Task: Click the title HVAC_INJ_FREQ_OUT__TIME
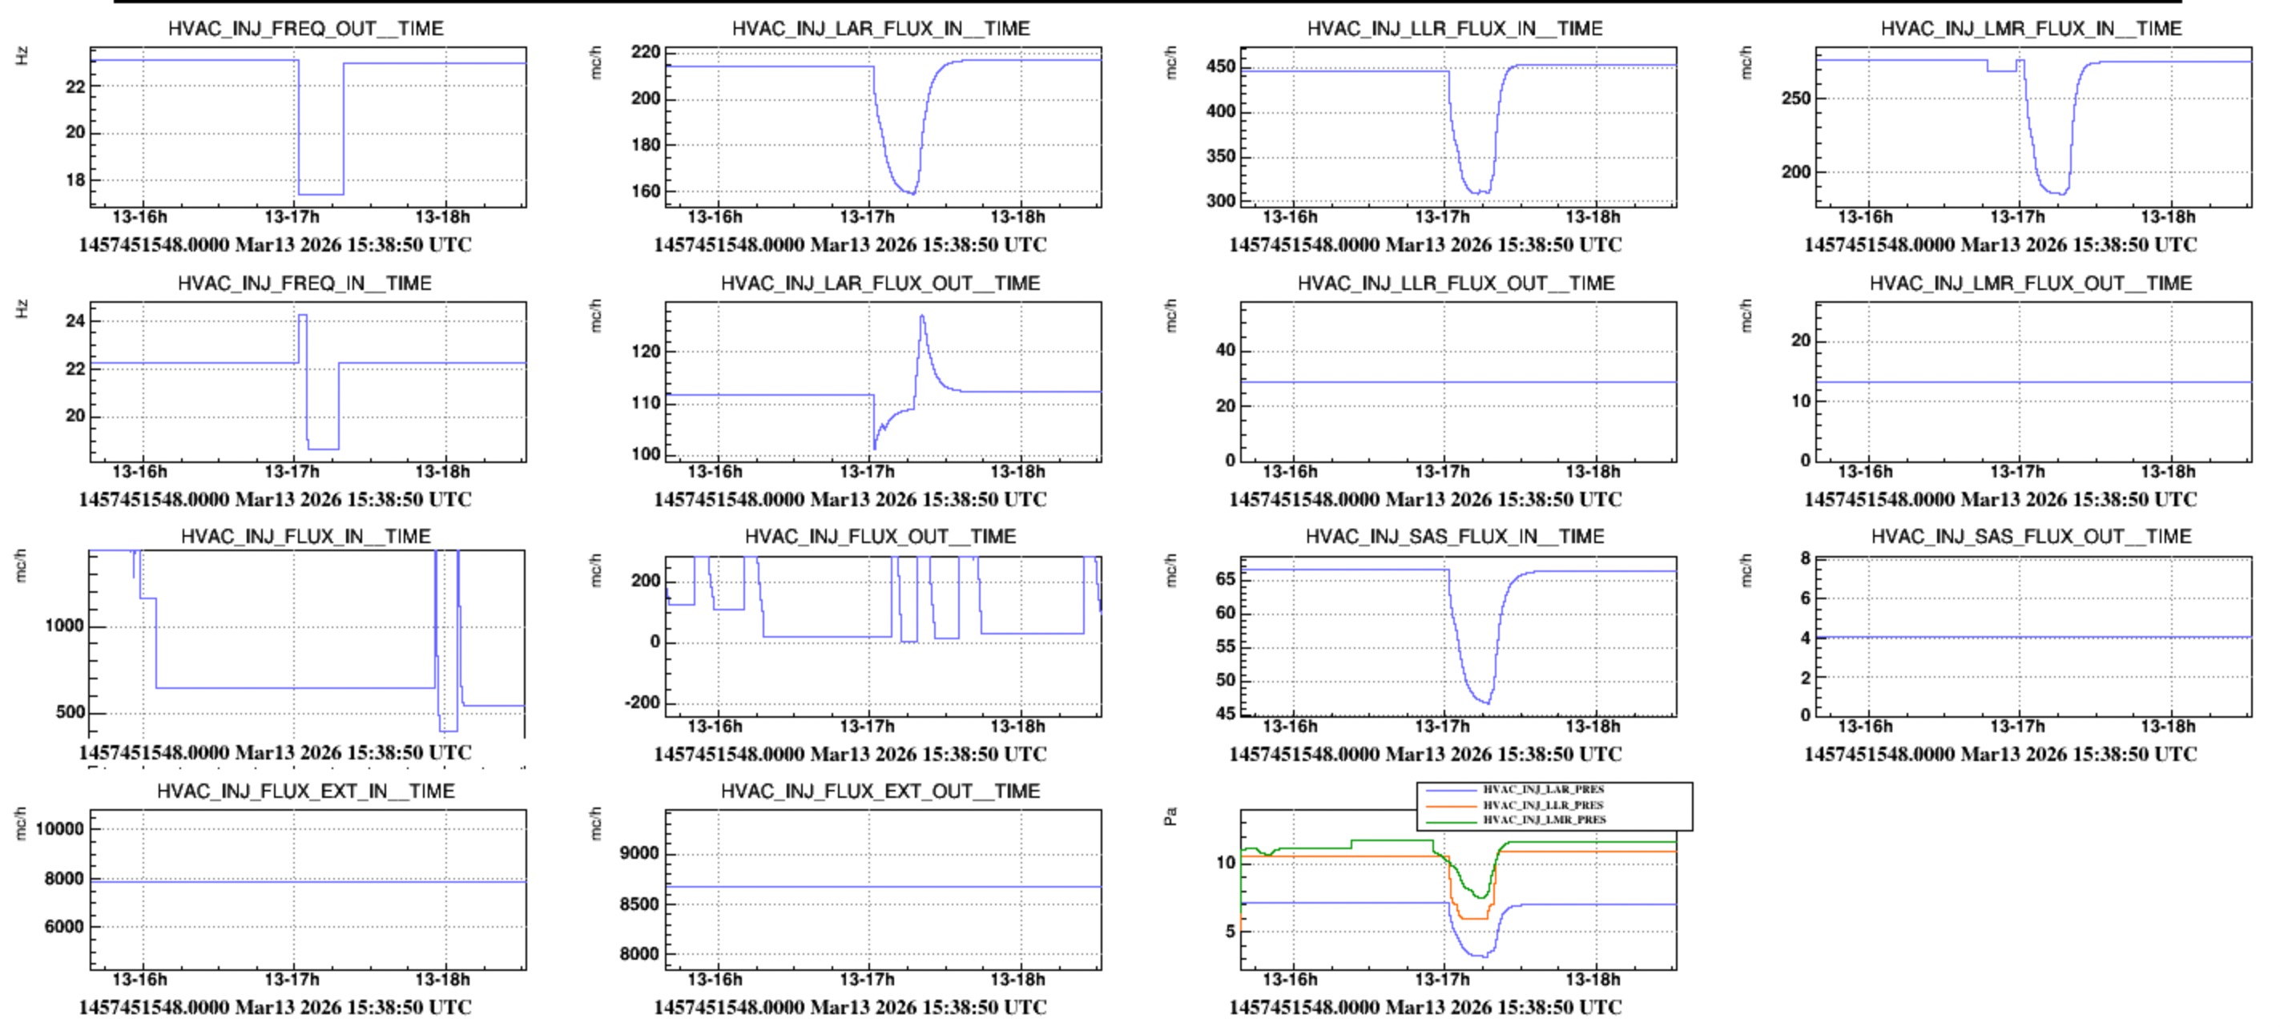click(305, 28)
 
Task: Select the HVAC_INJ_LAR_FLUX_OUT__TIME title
click(880, 284)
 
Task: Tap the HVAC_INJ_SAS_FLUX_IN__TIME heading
click(1454, 537)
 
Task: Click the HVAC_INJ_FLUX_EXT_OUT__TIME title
click(880, 791)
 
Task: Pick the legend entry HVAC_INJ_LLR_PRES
click(1543, 805)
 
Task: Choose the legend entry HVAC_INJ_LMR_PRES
click(1544, 820)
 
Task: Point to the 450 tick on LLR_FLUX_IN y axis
click(1221, 66)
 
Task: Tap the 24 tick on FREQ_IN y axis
click(75, 320)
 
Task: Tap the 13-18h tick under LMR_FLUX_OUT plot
click(2168, 471)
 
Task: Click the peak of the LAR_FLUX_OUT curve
click(922, 316)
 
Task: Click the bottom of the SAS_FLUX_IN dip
click(1488, 703)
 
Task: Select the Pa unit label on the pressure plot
click(1170, 816)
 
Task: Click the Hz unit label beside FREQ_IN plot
click(22, 309)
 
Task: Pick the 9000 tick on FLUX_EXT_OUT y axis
click(638, 853)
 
